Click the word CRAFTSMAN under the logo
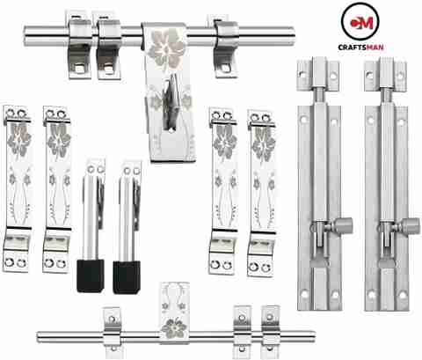360,47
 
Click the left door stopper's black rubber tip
91,276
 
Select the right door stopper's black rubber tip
127,277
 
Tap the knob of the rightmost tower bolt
411,226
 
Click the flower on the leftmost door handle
19,138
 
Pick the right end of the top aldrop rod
292,36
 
